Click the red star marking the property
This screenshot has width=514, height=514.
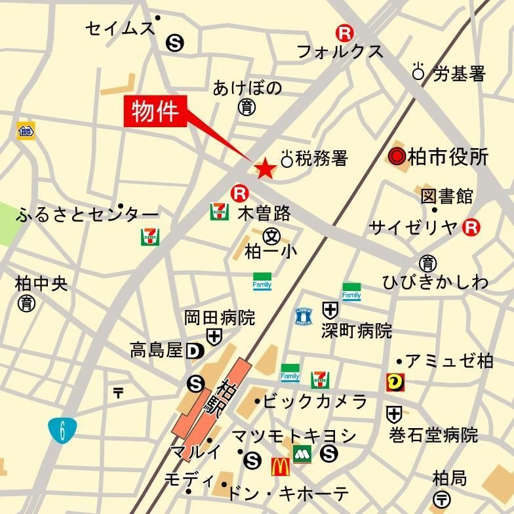pyautogui.click(x=265, y=169)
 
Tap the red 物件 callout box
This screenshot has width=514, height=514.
pyautogui.click(x=155, y=111)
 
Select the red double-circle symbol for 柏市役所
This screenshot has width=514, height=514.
pyautogui.click(x=396, y=157)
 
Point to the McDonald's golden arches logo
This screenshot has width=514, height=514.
pyautogui.click(x=280, y=466)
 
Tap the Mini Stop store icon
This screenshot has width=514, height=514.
pyautogui.click(x=26, y=130)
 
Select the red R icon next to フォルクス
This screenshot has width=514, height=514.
pyautogui.click(x=343, y=31)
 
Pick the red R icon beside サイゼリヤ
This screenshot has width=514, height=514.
pyautogui.click(x=471, y=227)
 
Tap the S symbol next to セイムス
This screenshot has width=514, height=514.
pyautogui.click(x=175, y=43)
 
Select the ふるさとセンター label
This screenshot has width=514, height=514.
pyautogui.click(x=89, y=214)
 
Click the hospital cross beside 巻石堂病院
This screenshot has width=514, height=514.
pyautogui.click(x=393, y=414)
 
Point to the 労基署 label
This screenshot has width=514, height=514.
pyautogui.click(x=459, y=73)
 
